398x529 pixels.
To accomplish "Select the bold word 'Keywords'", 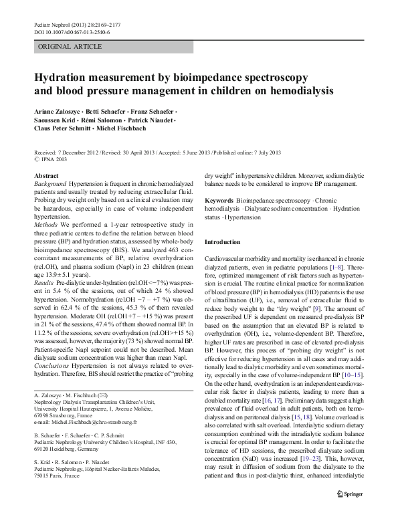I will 219,200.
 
